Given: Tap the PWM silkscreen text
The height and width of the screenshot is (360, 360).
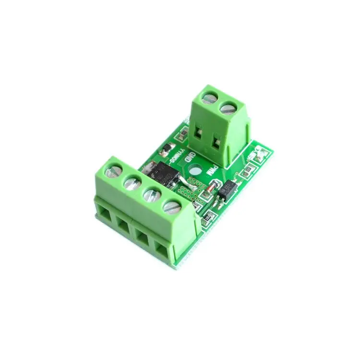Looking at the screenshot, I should (x=210, y=170).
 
